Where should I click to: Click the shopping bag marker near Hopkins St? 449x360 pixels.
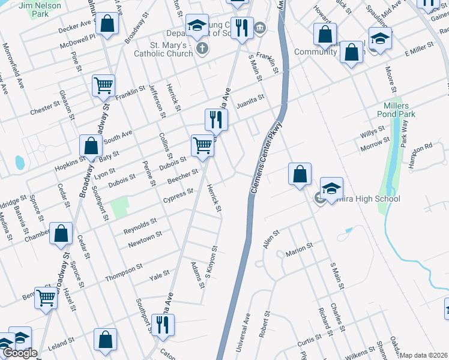[91, 146]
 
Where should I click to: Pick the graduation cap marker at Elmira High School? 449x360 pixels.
[331, 188]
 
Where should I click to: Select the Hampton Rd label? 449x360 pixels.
[420, 147]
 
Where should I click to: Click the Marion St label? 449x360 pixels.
[300, 248]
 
